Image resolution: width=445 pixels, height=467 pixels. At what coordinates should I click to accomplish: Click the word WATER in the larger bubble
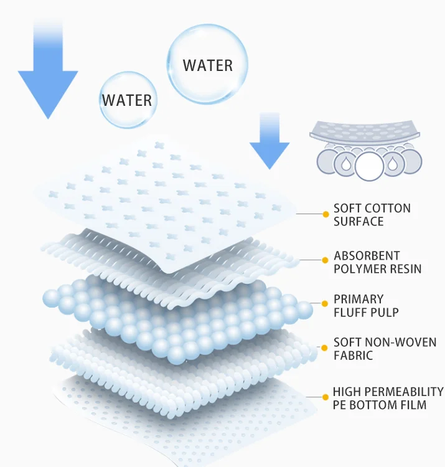[x=208, y=65]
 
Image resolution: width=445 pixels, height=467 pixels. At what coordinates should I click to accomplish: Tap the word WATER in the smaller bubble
[x=127, y=100]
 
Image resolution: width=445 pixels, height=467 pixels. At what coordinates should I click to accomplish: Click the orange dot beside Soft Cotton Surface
[x=325, y=214]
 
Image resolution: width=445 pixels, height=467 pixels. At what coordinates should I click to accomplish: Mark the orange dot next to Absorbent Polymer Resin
[x=325, y=260]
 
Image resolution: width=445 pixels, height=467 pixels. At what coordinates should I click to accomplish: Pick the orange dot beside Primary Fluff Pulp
[x=325, y=303]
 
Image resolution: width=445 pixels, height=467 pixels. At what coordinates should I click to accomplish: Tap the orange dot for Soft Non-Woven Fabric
[x=325, y=347]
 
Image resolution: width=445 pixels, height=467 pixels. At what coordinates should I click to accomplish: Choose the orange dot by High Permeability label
[x=325, y=396]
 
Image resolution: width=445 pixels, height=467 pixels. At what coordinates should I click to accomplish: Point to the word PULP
[x=385, y=312]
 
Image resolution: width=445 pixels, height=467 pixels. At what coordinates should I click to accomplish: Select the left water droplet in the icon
[x=344, y=163]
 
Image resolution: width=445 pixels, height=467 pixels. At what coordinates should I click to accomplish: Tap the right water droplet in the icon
[x=393, y=163]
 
